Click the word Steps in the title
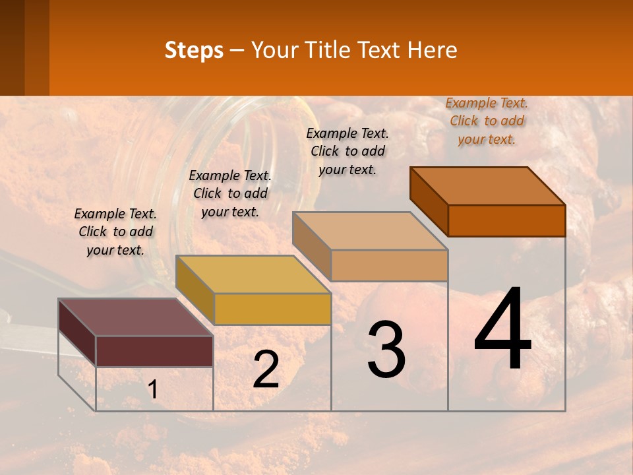point(194,50)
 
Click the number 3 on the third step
point(386,350)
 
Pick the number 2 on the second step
point(266,369)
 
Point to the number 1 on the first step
point(153,390)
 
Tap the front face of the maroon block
point(154,350)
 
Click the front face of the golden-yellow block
point(272,309)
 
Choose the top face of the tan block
point(370,231)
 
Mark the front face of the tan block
point(389,265)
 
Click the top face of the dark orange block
point(488,185)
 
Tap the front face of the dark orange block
point(506,220)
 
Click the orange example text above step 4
point(487,121)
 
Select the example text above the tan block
point(347,151)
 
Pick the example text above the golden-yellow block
point(230,193)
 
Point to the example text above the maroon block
point(115,232)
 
